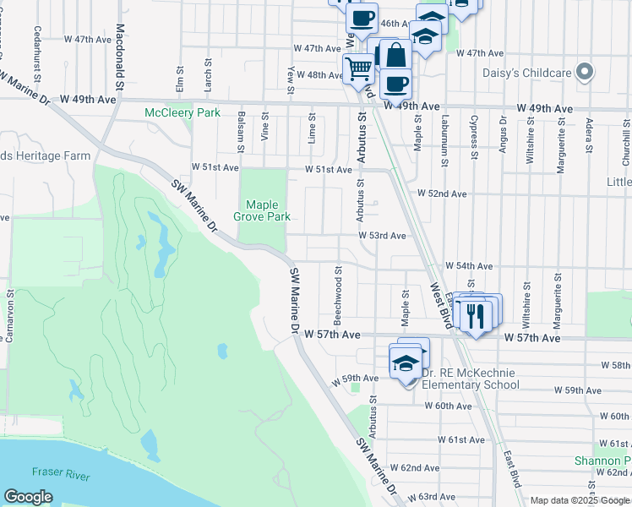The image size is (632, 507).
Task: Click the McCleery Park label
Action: pos(183,112)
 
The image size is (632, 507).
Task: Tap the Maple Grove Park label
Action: pos(268,210)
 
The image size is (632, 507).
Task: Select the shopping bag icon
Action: pos(395,55)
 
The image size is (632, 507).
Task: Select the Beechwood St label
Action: pos(337,296)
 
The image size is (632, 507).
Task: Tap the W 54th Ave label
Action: pos(468,265)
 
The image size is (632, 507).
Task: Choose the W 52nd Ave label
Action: pos(443,194)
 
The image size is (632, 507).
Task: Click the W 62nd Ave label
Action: pos(419,467)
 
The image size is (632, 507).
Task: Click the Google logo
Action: pos(28,497)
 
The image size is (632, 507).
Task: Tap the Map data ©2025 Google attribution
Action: pos(580,500)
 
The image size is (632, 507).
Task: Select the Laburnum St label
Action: pos(444,134)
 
